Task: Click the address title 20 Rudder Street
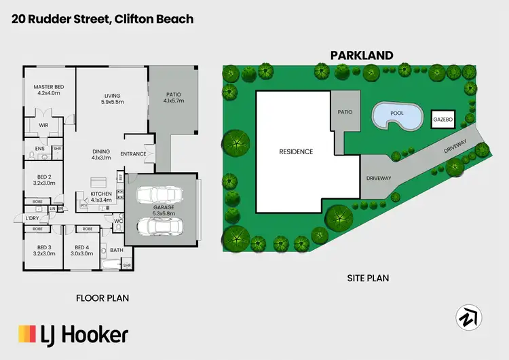click(x=102, y=19)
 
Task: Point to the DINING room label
click(x=101, y=154)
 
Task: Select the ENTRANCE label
click(x=134, y=154)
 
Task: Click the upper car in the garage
click(x=155, y=196)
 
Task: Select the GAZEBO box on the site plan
click(x=442, y=120)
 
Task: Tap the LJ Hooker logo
click(x=73, y=334)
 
